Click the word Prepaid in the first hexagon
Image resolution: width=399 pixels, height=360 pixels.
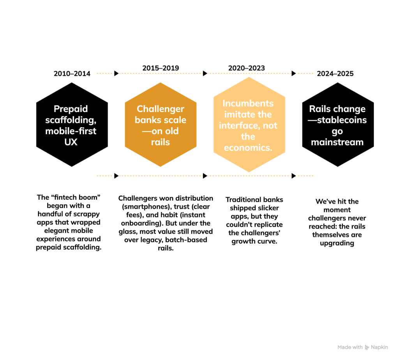pos(71,109)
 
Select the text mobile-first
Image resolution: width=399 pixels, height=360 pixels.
pos(71,131)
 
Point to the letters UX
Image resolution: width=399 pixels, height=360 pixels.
pos(71,142)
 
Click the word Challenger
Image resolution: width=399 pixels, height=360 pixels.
pos(161,109)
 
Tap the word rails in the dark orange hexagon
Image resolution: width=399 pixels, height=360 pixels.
pos(161,142)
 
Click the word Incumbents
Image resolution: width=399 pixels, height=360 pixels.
pos(248,104)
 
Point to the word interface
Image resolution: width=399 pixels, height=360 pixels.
pos(237,126)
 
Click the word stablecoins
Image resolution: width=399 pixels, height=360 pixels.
pos(342,120)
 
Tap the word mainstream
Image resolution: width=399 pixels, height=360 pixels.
pos(337,142)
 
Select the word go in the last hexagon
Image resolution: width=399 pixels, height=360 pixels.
pos(337,131)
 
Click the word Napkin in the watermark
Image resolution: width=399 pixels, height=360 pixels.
pos(380,347)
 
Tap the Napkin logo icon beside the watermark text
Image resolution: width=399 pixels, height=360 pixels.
pos(367,347)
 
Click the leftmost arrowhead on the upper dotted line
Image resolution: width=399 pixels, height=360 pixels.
pos(116,73)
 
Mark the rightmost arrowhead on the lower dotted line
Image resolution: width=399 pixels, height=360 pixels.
pos(294,176)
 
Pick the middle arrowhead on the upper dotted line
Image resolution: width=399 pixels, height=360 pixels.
pos(205,73)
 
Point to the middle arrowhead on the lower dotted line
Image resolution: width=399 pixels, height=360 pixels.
pos(205,176)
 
